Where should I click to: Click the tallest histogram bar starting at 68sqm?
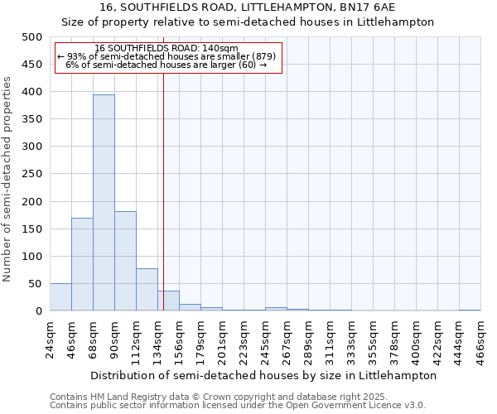pos(104,203)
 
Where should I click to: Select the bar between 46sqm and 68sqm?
pos(82,264)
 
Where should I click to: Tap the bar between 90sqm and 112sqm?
pos(125,261)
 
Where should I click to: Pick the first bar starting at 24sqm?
pos(60,297)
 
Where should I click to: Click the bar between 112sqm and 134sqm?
pos(147,290)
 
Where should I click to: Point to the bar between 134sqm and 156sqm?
pos(168,301)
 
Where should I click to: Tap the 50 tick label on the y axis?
pos(35,284)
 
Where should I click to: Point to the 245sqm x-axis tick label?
pos(266,339)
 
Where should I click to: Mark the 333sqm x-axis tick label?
pos(352,339)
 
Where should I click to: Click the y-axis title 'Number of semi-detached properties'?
pos(8,179)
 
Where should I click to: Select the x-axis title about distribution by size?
pos(263,375)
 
